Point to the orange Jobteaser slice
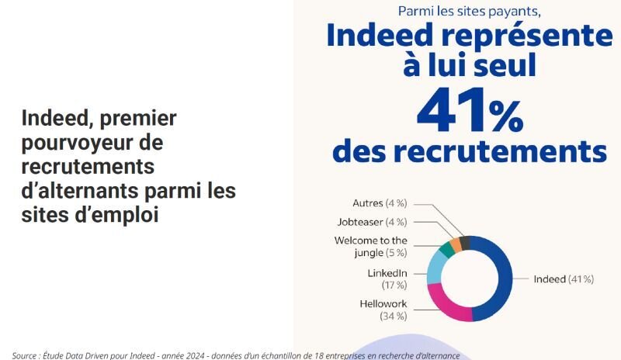click(456, 243)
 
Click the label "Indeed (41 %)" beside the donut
click(564, 279)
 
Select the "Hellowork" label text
click(383, 303)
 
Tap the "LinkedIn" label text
click(387, 273)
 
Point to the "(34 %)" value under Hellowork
click(393, 316)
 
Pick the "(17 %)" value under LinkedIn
click(394, 286)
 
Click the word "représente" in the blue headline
click(529, 37)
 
